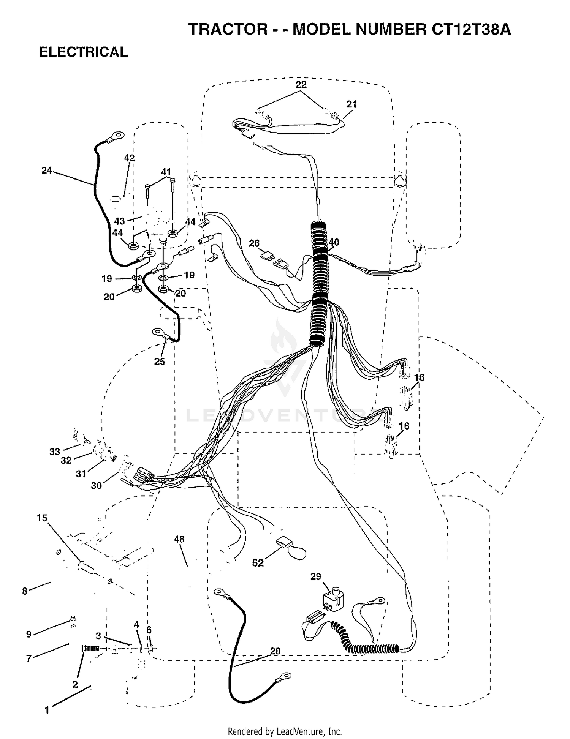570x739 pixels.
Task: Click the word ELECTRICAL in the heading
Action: [84, 52]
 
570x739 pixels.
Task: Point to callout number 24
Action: [47, 171]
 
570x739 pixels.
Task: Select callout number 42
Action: [130, 158]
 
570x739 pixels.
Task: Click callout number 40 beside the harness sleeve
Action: [334, 242]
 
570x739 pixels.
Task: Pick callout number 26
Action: [254, 243]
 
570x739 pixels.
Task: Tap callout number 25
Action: [160, 362]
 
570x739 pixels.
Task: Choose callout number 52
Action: [258, 563]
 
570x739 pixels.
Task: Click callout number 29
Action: [316, 576]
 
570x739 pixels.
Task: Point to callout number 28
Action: [275, 651]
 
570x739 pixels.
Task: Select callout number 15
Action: [42, 518]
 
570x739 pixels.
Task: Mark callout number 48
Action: [179, 539]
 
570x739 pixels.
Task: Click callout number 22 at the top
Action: [301, 85]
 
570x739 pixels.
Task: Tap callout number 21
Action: [351, 104]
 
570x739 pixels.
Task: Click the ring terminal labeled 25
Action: [159, 333]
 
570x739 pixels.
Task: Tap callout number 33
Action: [55, 452]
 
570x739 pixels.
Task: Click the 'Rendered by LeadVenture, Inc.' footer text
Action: [285, 731]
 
